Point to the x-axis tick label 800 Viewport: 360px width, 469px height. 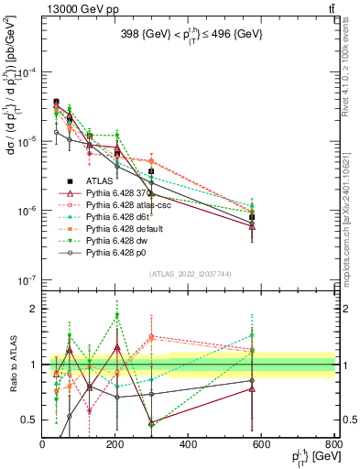pyautogui.click(x=333, y=444)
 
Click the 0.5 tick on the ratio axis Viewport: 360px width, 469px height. pyautogui.click(x=31, y=420)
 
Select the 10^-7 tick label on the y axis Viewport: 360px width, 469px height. pyautogui.click(x=26, y=280)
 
